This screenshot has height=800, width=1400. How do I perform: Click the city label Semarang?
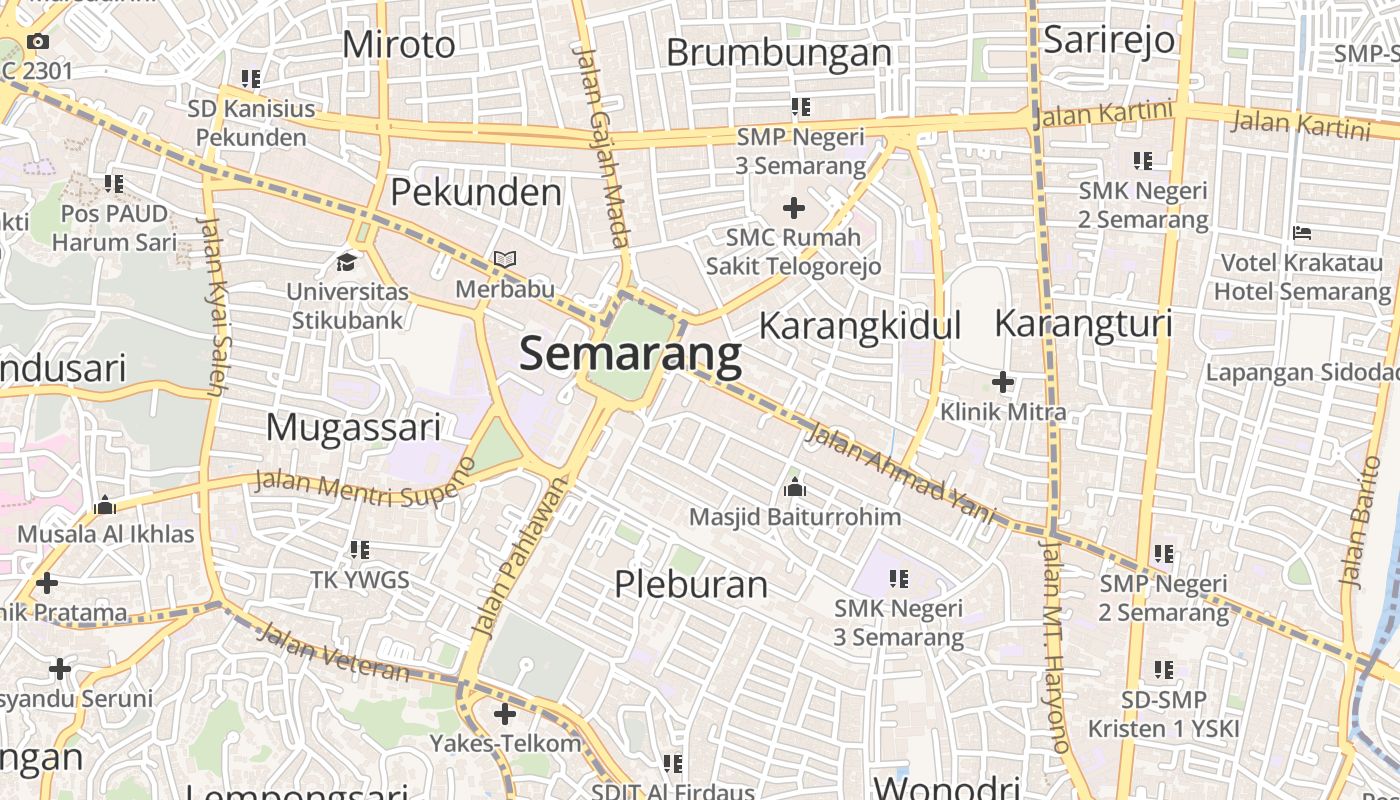630,355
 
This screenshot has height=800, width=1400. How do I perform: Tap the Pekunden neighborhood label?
476,192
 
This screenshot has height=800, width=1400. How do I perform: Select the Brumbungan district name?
778,53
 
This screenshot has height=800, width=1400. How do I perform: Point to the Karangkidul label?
860,326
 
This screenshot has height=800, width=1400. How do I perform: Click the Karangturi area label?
1083,324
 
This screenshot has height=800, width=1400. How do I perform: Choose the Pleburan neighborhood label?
691,584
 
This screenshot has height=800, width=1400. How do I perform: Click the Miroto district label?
398,45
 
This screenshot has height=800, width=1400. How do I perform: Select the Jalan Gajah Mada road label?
604,147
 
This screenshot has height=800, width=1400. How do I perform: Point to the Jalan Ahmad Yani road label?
901,473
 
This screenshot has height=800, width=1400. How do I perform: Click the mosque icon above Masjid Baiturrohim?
795,488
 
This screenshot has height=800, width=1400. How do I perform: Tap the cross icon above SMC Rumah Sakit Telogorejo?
794,208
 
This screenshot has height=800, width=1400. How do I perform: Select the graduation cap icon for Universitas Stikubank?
346,262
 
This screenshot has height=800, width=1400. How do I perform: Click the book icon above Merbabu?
505,260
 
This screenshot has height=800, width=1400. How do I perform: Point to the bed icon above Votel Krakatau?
1302,233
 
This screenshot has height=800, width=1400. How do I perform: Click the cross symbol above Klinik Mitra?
1003,382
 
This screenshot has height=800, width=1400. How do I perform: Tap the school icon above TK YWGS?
360,550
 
